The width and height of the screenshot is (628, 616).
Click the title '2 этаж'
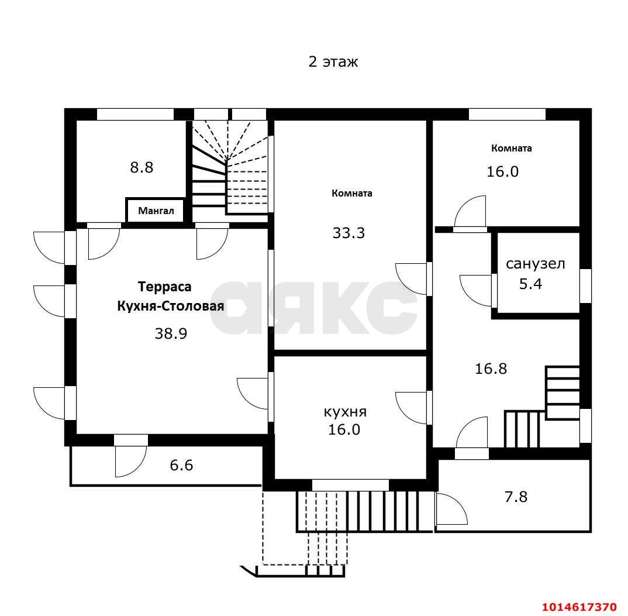pyautogui.click(x=333, y=62)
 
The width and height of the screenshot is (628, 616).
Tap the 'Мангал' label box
pyautogui.click(x=156, y=211)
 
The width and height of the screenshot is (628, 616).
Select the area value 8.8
pyautogui.click(x=142, y=167)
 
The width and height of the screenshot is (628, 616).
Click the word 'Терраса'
pyautogui.click(x=165, y=287)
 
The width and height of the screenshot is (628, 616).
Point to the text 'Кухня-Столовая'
pyautogui.click(x=171, y=307)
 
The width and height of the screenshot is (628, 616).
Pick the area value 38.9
pyautogui.click(x=171, y=333)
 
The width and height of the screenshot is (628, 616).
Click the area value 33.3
pyautogui.click(x=348, y=233)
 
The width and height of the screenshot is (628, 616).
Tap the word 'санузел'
pyautogui.click(x=536, y=264)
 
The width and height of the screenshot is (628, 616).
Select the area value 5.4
pyautogui.click(x=531, y=284)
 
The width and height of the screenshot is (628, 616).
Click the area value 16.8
pyautogui.click(x=491, y=369)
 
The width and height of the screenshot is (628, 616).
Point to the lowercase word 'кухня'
pyautogui.click(x=345, y=412)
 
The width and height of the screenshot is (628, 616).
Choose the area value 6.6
pyautogui.click(x=181, y=465)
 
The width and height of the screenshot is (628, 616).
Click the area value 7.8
pyautogui.click(x=516, y=497)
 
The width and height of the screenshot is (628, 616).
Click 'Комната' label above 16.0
pyautogui.click(x=512, y=148)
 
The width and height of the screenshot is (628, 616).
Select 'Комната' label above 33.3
pyautogui.click(x=351, y=193)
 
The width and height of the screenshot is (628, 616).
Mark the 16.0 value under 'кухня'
pyautogui.click(x=344, y=429)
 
